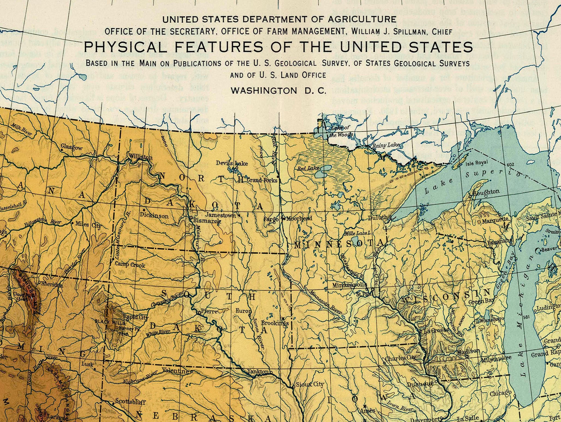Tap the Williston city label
[140, 157]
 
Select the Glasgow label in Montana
[71, 147]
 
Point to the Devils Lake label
[232, 163]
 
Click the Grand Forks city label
[262, 180]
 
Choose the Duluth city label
[378, 218]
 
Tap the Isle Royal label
[476, 163]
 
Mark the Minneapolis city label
[349, 285]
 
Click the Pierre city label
[209, 311]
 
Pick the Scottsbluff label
[130, 402]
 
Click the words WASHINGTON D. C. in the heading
[278, 91]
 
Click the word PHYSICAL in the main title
[124, 47]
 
